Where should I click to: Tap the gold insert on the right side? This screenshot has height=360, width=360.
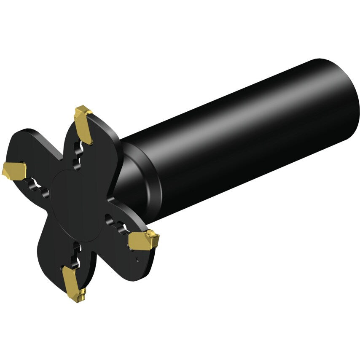[143, 240]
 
